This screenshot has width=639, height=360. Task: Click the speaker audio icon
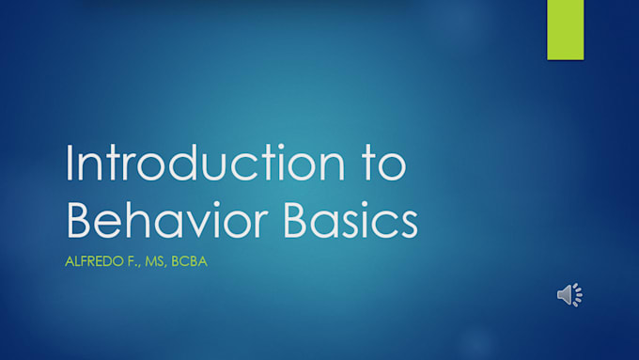566,295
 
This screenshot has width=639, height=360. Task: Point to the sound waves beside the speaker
578,295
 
